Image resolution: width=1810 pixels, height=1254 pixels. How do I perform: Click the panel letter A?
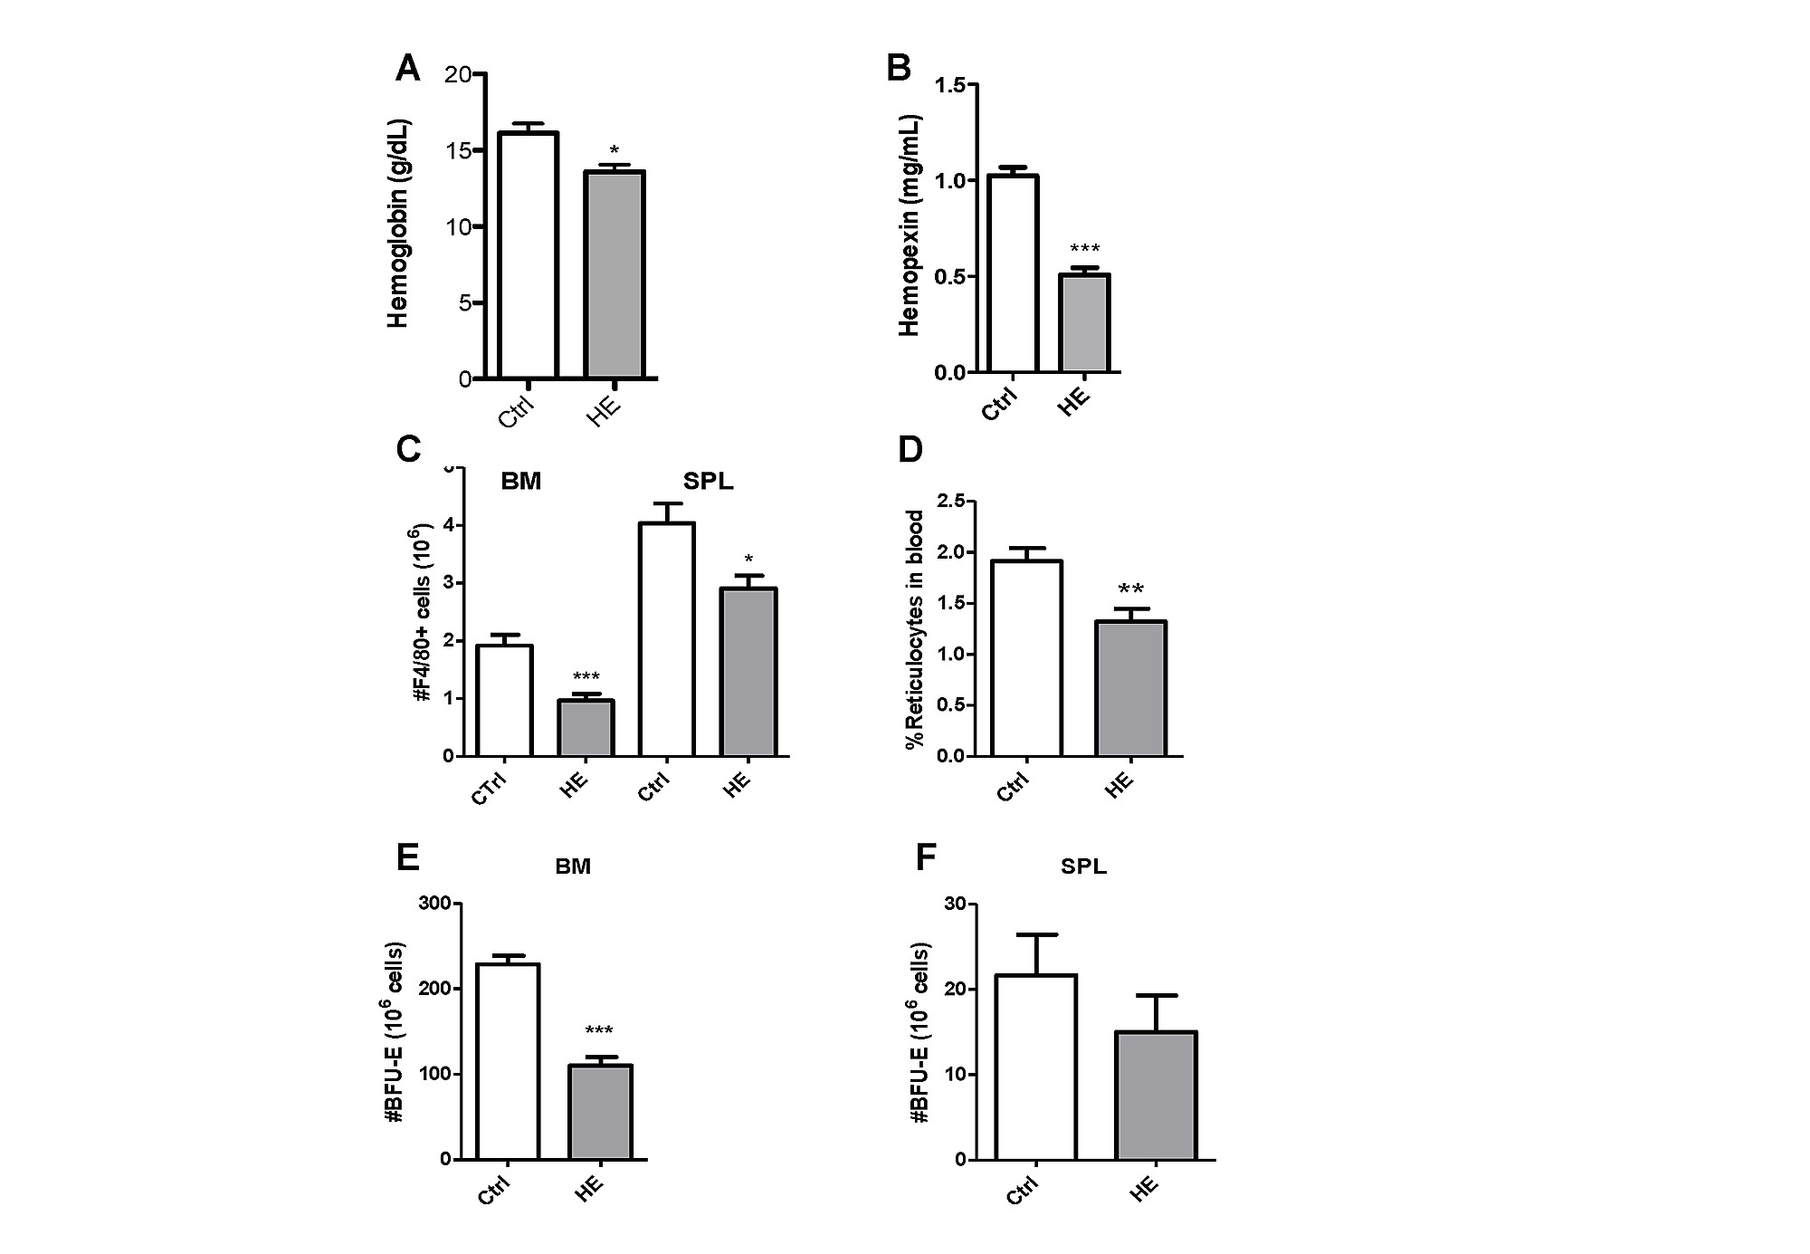pos(408,69)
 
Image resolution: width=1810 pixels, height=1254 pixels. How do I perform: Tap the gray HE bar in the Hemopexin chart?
pos(1084,323)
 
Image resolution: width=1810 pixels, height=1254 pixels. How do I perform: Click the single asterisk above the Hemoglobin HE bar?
pos(614,150)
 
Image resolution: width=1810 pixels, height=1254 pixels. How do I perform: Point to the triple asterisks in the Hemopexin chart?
pos(1084,249)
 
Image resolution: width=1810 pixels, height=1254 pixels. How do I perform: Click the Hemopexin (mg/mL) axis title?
pos(910,225)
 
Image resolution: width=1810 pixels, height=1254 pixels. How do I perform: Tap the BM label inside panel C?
pos(521,482)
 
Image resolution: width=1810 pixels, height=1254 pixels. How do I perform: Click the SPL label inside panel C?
pos(708,482)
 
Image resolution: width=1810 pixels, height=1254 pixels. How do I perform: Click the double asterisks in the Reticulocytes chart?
pos(1130,589)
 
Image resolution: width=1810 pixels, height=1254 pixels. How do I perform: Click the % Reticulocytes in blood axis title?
pos(915,628)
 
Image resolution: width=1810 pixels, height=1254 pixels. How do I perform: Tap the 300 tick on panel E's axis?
pos(433,904)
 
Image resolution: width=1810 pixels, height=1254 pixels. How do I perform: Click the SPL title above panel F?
pos(1083,866)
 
